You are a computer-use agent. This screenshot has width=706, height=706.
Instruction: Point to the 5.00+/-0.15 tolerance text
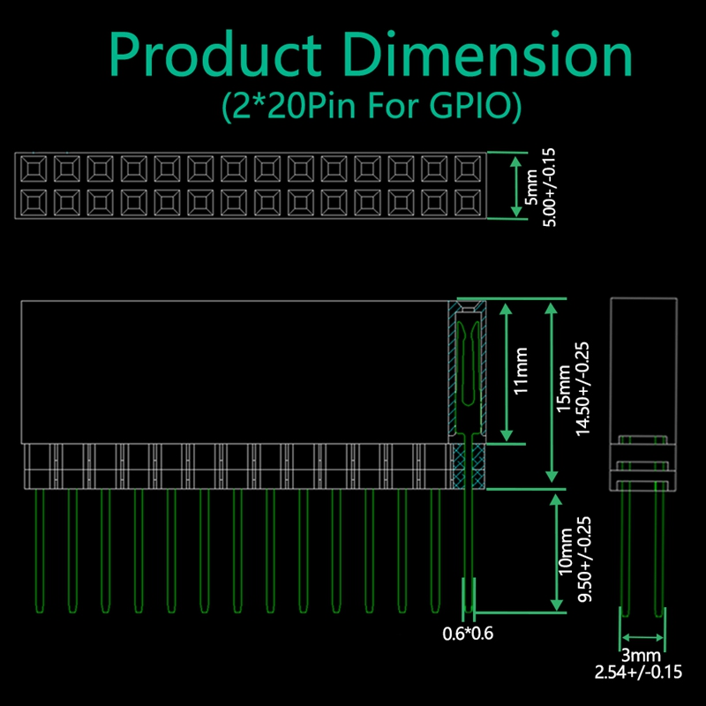pos(550,186)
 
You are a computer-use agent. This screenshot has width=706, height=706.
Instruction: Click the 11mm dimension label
pos(522,371)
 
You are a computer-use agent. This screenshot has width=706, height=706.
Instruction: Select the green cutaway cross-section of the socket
pos(468,393)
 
